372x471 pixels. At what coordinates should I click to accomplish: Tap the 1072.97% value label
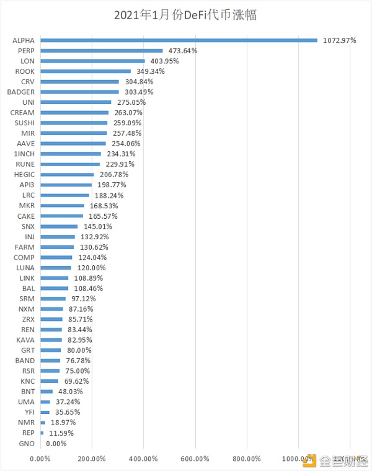coord(339,40)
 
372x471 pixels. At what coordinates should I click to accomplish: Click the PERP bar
coord(102,51)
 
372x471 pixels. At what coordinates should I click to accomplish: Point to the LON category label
coord(28,61)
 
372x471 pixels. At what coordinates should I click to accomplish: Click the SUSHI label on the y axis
coord(24,123)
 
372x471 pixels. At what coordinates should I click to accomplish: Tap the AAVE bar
coord(73,143)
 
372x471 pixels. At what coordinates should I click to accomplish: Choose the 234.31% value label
coord(120,154)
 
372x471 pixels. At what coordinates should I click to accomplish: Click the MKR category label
coord(27,205)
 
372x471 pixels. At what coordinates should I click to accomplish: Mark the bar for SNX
coord(59,226)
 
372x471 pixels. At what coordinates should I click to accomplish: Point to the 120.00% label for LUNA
coord(91,268)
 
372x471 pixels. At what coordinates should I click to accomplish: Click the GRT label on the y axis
coord(27,350)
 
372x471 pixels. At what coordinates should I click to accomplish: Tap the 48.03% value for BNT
coord(69,392)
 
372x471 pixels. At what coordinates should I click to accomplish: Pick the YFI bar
coord(45,412)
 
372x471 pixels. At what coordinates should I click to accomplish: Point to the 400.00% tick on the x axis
coord(143,459)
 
